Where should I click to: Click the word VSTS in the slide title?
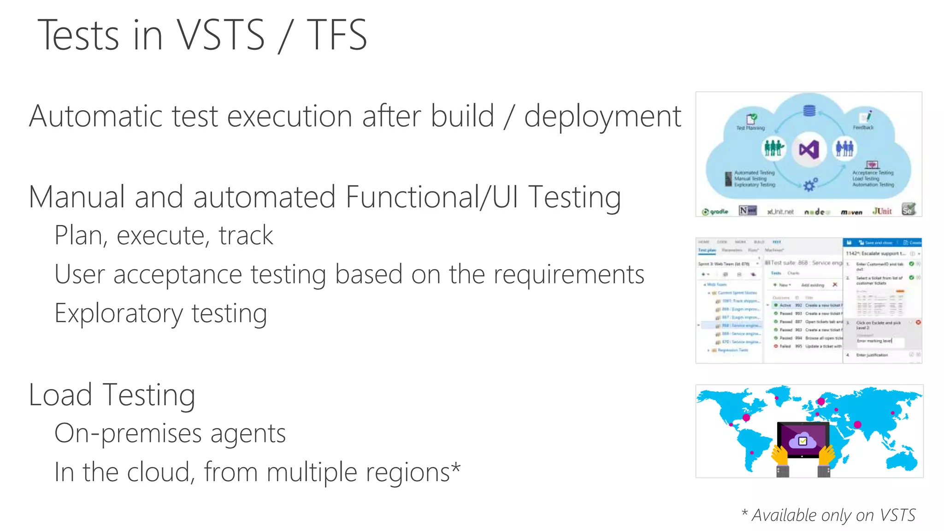tap(221, 35)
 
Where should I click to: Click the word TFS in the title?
tap(337, 35)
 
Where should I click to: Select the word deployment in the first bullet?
tap(602, 116)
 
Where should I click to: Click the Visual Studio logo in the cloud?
tap(809, 149)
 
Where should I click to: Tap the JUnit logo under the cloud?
tap(882, 211)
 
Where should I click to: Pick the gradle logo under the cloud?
tap(715, 212)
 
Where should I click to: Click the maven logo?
tap(851, 212)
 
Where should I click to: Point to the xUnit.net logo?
tap(780, 212)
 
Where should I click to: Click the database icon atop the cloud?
tap(809, 111)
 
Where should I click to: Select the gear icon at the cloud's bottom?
tap(810, 185)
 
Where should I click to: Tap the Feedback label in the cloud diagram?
tap(863, 127)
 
